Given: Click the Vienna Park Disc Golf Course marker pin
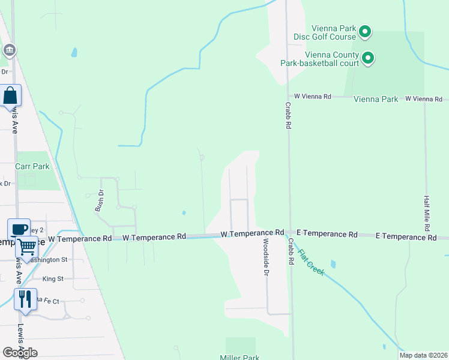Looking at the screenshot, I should (364, 31).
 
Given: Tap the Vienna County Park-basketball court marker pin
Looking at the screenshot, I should (368, 58).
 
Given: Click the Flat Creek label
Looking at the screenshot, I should (312, 262).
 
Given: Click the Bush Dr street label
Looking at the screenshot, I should (100, 201).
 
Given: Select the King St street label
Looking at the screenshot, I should (53, 279).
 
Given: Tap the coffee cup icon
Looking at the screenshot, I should (19, 228).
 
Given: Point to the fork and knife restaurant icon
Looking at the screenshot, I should (25, 298).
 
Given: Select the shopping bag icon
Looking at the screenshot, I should (11, 95).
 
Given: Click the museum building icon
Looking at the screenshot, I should (9, 50).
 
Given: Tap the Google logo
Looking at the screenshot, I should (20, 353).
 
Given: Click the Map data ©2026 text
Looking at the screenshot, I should (424, 355).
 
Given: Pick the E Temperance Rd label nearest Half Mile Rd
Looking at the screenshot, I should (406, 237).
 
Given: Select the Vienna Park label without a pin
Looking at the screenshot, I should (376, 99).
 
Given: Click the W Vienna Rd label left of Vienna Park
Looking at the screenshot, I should (312, 96).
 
